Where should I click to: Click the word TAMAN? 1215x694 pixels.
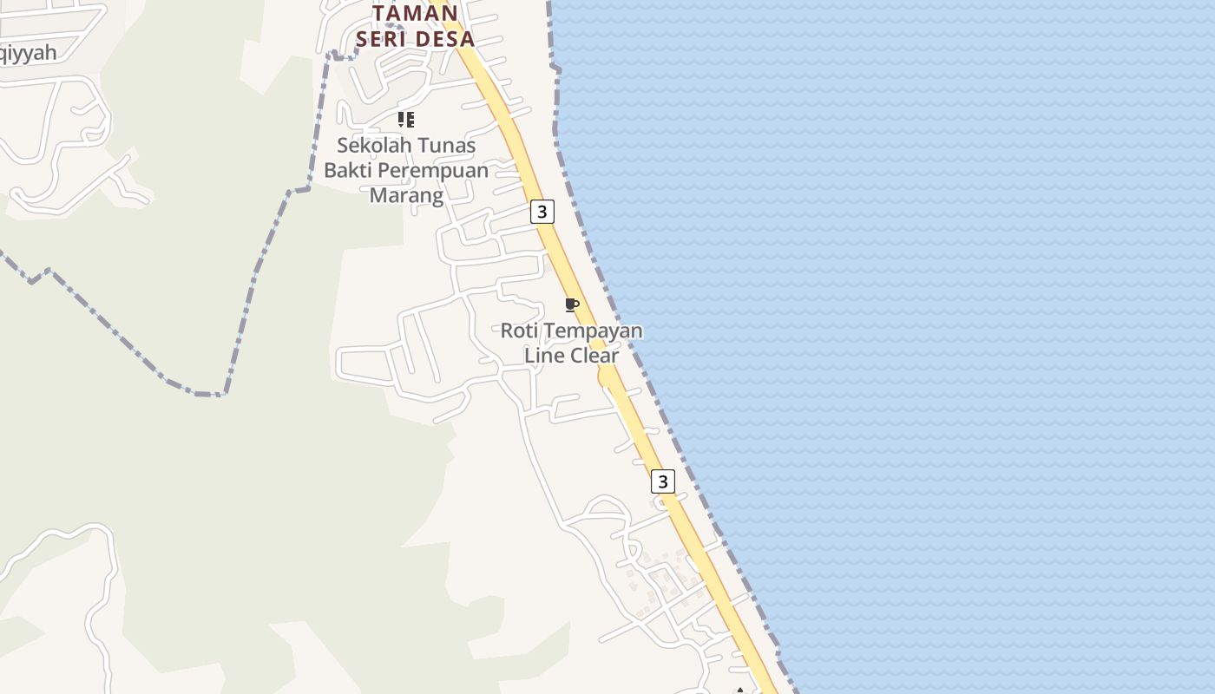[415, 13]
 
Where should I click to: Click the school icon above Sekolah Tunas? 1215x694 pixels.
[405, 120]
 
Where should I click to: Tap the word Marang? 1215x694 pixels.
[406, 195]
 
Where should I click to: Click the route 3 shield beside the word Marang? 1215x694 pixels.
[542, 212]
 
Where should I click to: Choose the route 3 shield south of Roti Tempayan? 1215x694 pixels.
[662, 481]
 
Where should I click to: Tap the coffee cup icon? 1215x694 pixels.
[571, 304]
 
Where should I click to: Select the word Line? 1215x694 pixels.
[543, 356]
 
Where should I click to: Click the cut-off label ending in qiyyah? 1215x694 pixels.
[26, 53]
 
